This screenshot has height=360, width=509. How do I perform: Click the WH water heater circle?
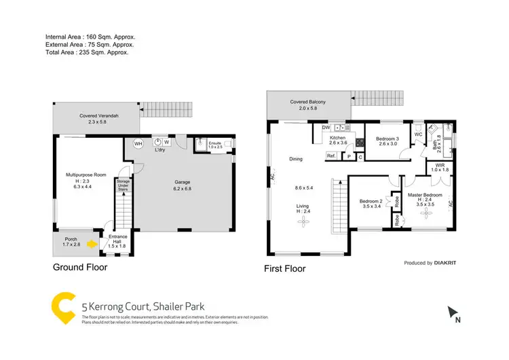pos(138,144)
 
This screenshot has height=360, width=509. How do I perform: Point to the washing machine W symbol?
pos(167,143)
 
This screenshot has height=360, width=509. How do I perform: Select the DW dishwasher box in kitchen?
pos(326,127)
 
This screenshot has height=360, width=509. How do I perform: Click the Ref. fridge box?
pos(331,156)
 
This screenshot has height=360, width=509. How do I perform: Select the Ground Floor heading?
pos(80,267)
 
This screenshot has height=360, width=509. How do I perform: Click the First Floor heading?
pos(284,268)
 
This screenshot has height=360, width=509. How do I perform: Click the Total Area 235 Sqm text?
pos(86,51)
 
